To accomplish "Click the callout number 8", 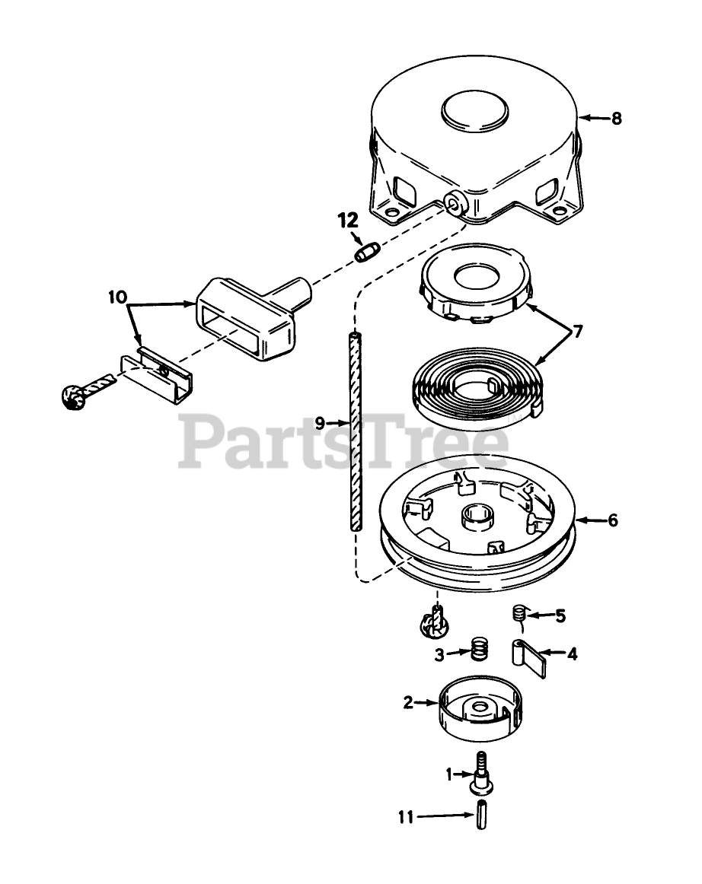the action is click(616, 118).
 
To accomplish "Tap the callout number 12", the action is click(347, 221).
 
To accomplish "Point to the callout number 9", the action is click(319, 421).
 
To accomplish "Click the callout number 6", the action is click(612, 520).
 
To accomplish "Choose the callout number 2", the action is click(408, 703).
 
